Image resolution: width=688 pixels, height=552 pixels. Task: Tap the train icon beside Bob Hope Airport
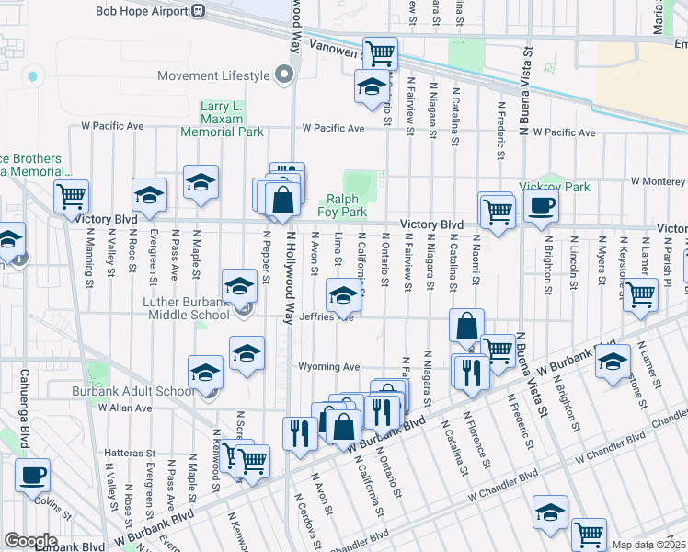click(x=198, y=11)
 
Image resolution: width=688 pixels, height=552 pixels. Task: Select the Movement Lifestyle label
click(x=212, y=75)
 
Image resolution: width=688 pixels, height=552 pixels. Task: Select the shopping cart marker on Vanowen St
click(x=379, y=52)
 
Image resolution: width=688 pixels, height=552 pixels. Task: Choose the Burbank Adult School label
click(x=134, y=391)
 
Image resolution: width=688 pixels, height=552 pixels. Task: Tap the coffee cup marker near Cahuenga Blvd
click(x=33, y=475)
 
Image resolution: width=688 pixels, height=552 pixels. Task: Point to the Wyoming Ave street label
click(x=327, y=366)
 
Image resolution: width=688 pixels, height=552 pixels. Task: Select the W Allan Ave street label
click(x=97, y=407)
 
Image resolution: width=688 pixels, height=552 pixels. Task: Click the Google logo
click(x=29, y=540)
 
